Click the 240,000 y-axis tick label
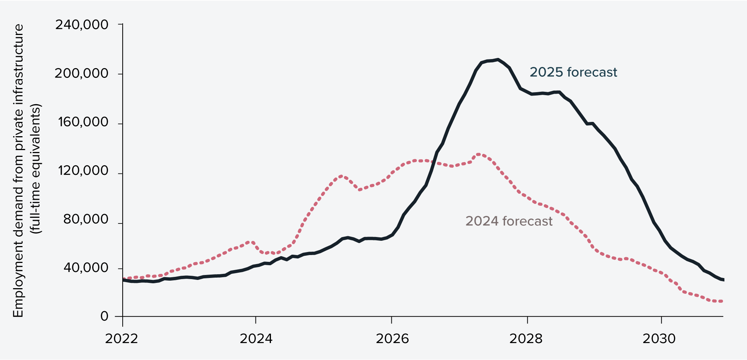click(x=82, y=25)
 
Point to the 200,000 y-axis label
click(x=82, y=73)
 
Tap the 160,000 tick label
click(x=83, y=122)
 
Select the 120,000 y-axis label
click(x=83, y=171)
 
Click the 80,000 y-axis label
click(x=86, y=219)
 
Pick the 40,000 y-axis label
click(x=86, y=268)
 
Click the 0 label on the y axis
click(x=104, y=316)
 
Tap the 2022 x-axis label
click(x=122, y=339)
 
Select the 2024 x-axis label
click(x=256, y=339)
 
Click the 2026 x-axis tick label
click(x=392, y=339)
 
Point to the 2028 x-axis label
click(x=526, y=339)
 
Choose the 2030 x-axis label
click(x=659, y=339)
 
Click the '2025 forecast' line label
click(x=573, y=72)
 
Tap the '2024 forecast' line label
click(x=509, y=221)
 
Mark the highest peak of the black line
click(x=498, y=59)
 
